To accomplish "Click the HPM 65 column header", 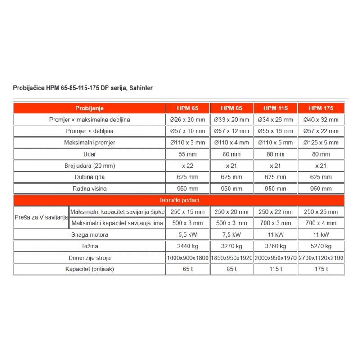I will pos(188,108).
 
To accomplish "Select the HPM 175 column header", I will pos(321,108).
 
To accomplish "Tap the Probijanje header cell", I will pos(90,108).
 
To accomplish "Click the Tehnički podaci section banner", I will pos(179,200).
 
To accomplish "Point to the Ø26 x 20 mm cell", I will pos(188,120).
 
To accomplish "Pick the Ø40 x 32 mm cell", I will pos(321,120).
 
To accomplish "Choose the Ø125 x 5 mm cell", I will pos(321,143).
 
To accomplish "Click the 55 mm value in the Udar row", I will pos(188,154).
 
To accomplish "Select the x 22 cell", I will pos(188,166).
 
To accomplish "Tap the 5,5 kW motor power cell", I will pos(188,234).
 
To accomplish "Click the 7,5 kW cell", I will pos(232,234).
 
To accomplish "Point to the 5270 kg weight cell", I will pos(321,246).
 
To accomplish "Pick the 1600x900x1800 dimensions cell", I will pos(188,258).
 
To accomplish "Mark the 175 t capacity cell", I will pos(321,269).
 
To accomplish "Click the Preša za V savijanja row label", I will pos(41,217).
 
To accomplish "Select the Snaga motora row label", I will pos(90,234).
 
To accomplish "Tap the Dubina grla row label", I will pos(90,177).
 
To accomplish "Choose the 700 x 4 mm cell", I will pos(321,223).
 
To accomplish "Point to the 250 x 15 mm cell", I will pos(188,211).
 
